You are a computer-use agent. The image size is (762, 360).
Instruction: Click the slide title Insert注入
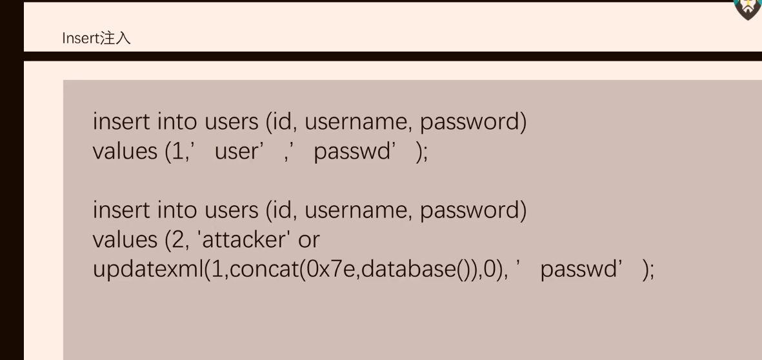point(96,39)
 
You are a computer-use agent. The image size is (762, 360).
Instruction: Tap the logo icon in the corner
point(748,7)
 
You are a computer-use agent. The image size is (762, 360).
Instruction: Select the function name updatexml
point(148,269)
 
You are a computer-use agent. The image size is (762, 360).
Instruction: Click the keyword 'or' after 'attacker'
point(308,240)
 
